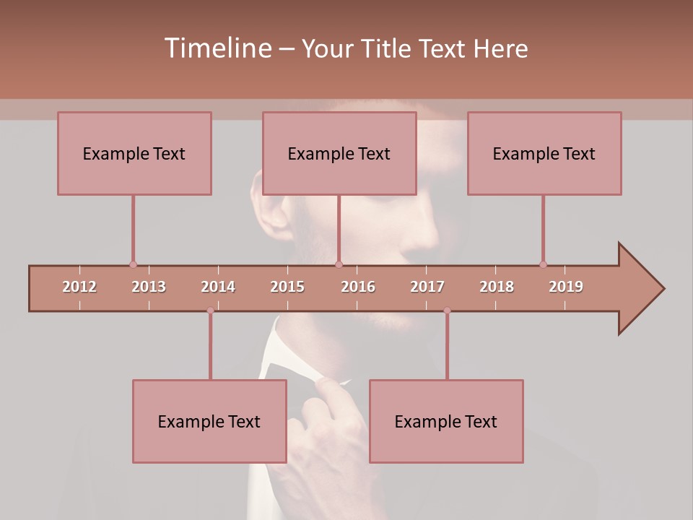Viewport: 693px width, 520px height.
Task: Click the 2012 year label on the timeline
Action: click(79, 287)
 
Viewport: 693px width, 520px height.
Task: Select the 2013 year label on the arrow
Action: click(149, 287)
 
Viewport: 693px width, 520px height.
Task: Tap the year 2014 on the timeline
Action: click(218, 287)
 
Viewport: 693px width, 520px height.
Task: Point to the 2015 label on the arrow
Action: click(287, 287)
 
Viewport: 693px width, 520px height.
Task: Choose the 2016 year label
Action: click(358, 287)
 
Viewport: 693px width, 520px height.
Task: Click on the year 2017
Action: click(427, 287)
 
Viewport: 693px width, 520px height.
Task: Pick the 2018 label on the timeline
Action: click(497, 287)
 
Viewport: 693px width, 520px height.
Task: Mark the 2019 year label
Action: click(566, 287)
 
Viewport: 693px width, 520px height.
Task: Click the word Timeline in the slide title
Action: click(217, 48)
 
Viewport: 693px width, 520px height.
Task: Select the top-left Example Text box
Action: click(134, 153)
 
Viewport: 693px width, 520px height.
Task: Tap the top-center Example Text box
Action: click(339, 153)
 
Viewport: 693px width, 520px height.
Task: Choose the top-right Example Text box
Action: click(544, 153)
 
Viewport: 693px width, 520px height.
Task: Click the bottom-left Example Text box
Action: click(209, 421)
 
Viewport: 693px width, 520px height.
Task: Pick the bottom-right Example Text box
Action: click(446, 421)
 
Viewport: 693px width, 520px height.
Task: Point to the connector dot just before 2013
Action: click(133, 264)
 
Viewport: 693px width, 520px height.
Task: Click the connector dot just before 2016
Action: click(339, 264)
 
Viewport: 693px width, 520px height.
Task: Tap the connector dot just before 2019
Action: click(543, 264)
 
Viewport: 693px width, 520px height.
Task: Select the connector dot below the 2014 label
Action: click(210, 311)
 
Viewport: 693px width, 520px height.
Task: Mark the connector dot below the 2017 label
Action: click(447, 311)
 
